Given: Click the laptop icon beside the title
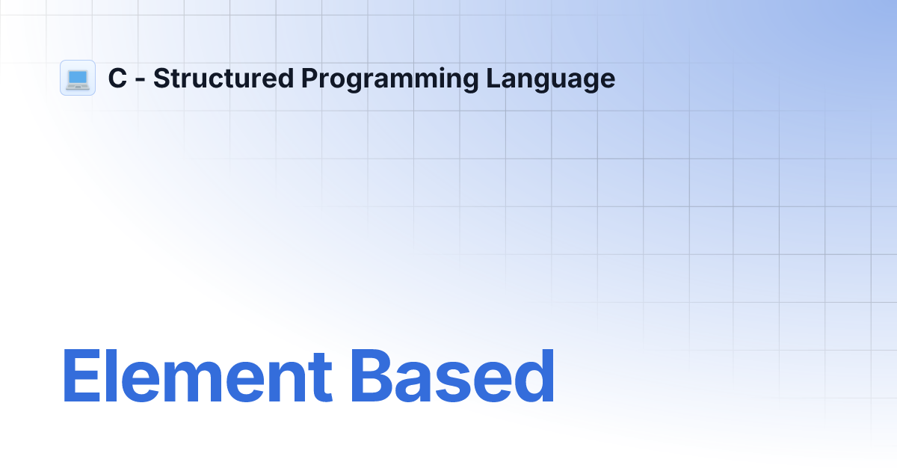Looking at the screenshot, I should [x=78, y=78].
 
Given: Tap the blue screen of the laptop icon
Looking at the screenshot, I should [x=78, y=76].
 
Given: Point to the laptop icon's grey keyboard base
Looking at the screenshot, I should [x=78, y=86].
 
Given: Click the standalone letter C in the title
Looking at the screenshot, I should [x=117, y=78].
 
